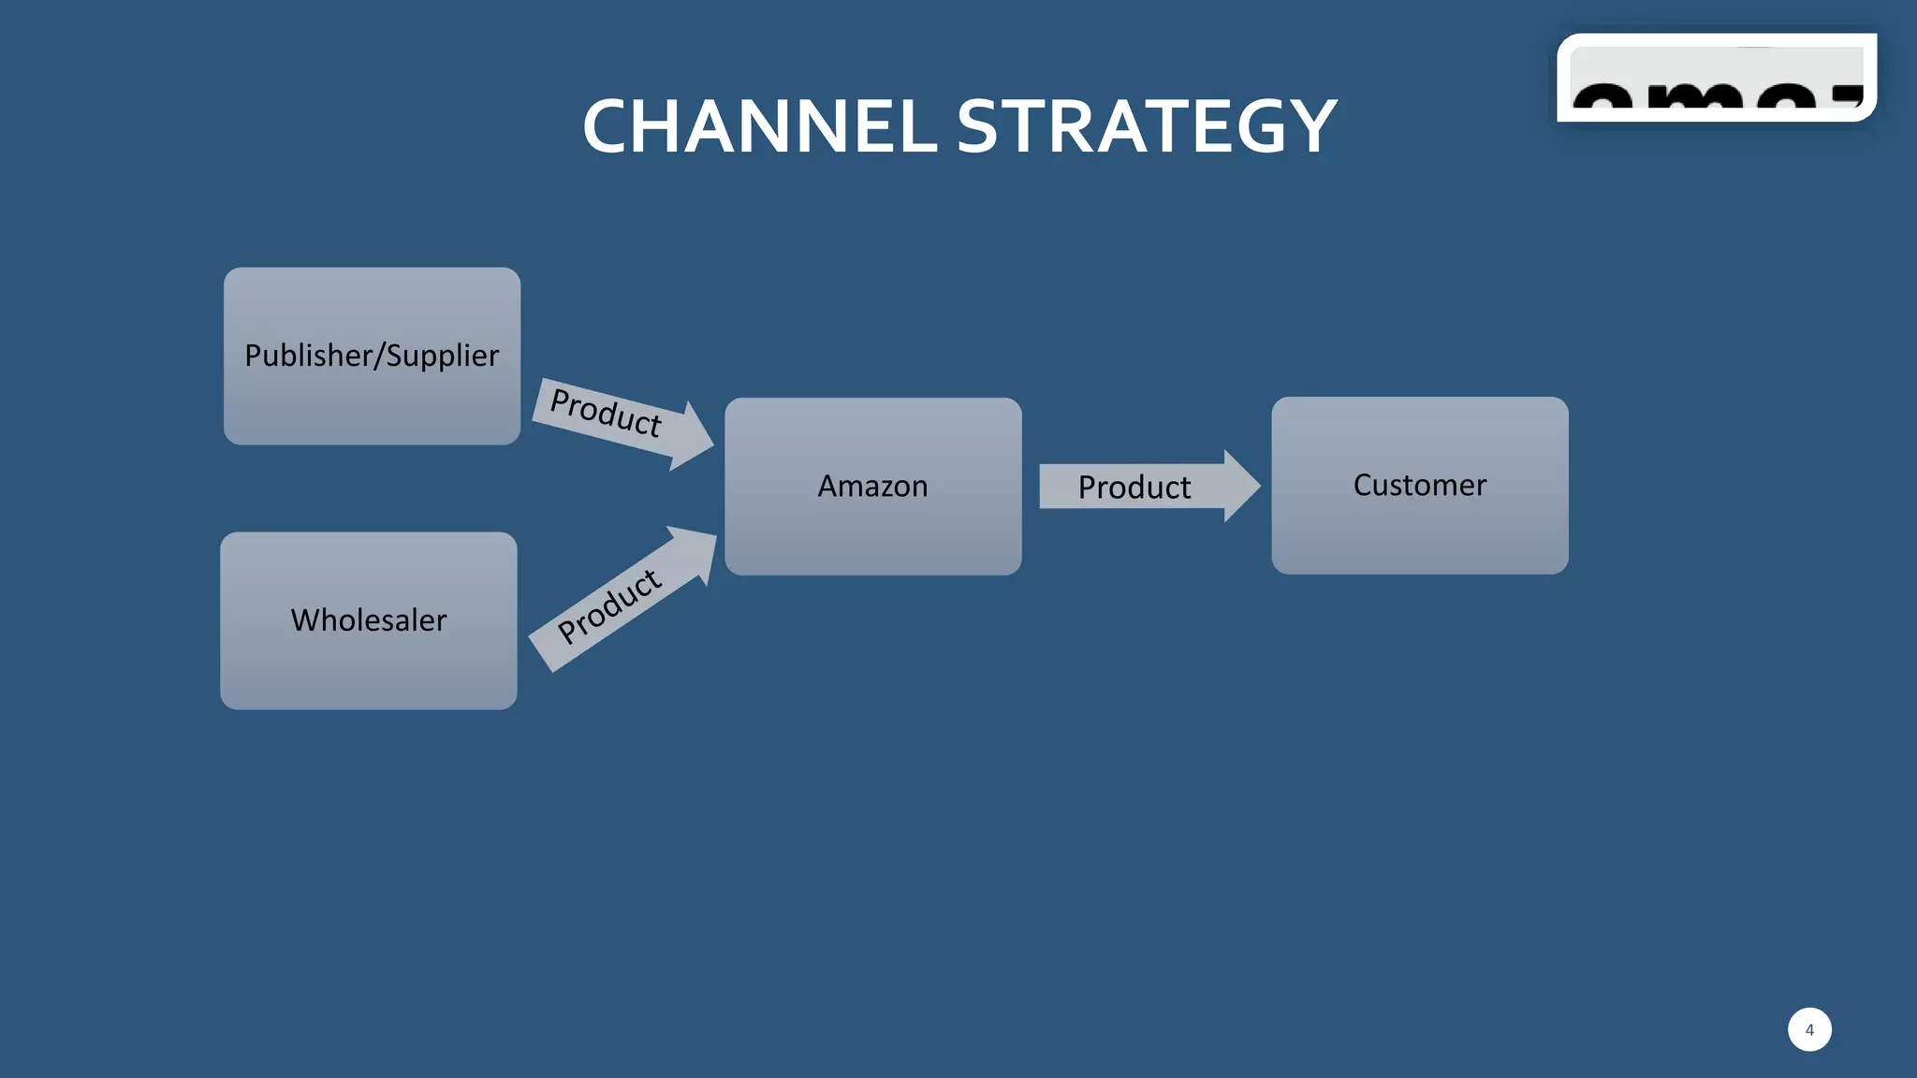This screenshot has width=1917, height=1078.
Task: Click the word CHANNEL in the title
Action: (x=759, y=127)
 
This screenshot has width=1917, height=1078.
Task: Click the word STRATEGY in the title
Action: (x=1146, y=127)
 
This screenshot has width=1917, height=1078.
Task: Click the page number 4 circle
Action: (x=1808, y=1029)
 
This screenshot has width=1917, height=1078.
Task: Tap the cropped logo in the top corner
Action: (x=1716, y=79)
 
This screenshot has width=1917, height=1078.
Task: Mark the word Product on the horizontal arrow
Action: (x=1134, y=488)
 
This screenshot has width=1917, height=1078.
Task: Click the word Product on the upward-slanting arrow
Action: (x=609, y=605)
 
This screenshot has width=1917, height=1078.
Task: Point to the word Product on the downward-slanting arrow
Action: (x=606, y=412)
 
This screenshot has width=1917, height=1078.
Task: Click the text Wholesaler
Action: (x=368, y=620)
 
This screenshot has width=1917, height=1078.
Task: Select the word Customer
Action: (x=1419, y=485)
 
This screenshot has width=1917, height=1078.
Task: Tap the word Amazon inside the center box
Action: (x=872, y=486)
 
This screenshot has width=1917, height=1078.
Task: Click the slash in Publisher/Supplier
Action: (x=379, y=356)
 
